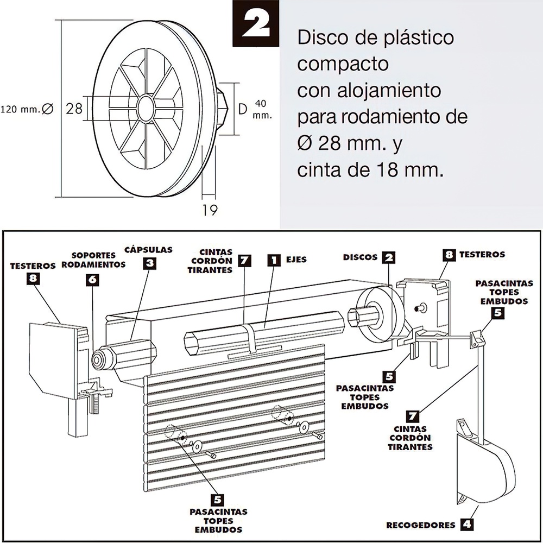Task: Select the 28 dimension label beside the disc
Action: coord(74,109)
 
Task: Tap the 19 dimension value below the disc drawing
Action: coord(210,210)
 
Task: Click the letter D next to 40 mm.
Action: coord(243,109)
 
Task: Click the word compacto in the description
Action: coord(343,64)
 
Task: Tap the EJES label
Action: coord(296,260)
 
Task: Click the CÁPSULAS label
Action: coord(148,250)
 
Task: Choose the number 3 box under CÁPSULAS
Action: coord(150,264)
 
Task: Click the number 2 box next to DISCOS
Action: coord(387,257)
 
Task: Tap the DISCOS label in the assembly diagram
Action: coord(361,256)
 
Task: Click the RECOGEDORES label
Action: coord(420,525)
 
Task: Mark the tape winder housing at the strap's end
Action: coord(483,467)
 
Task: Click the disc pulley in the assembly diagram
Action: coord(380,315)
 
